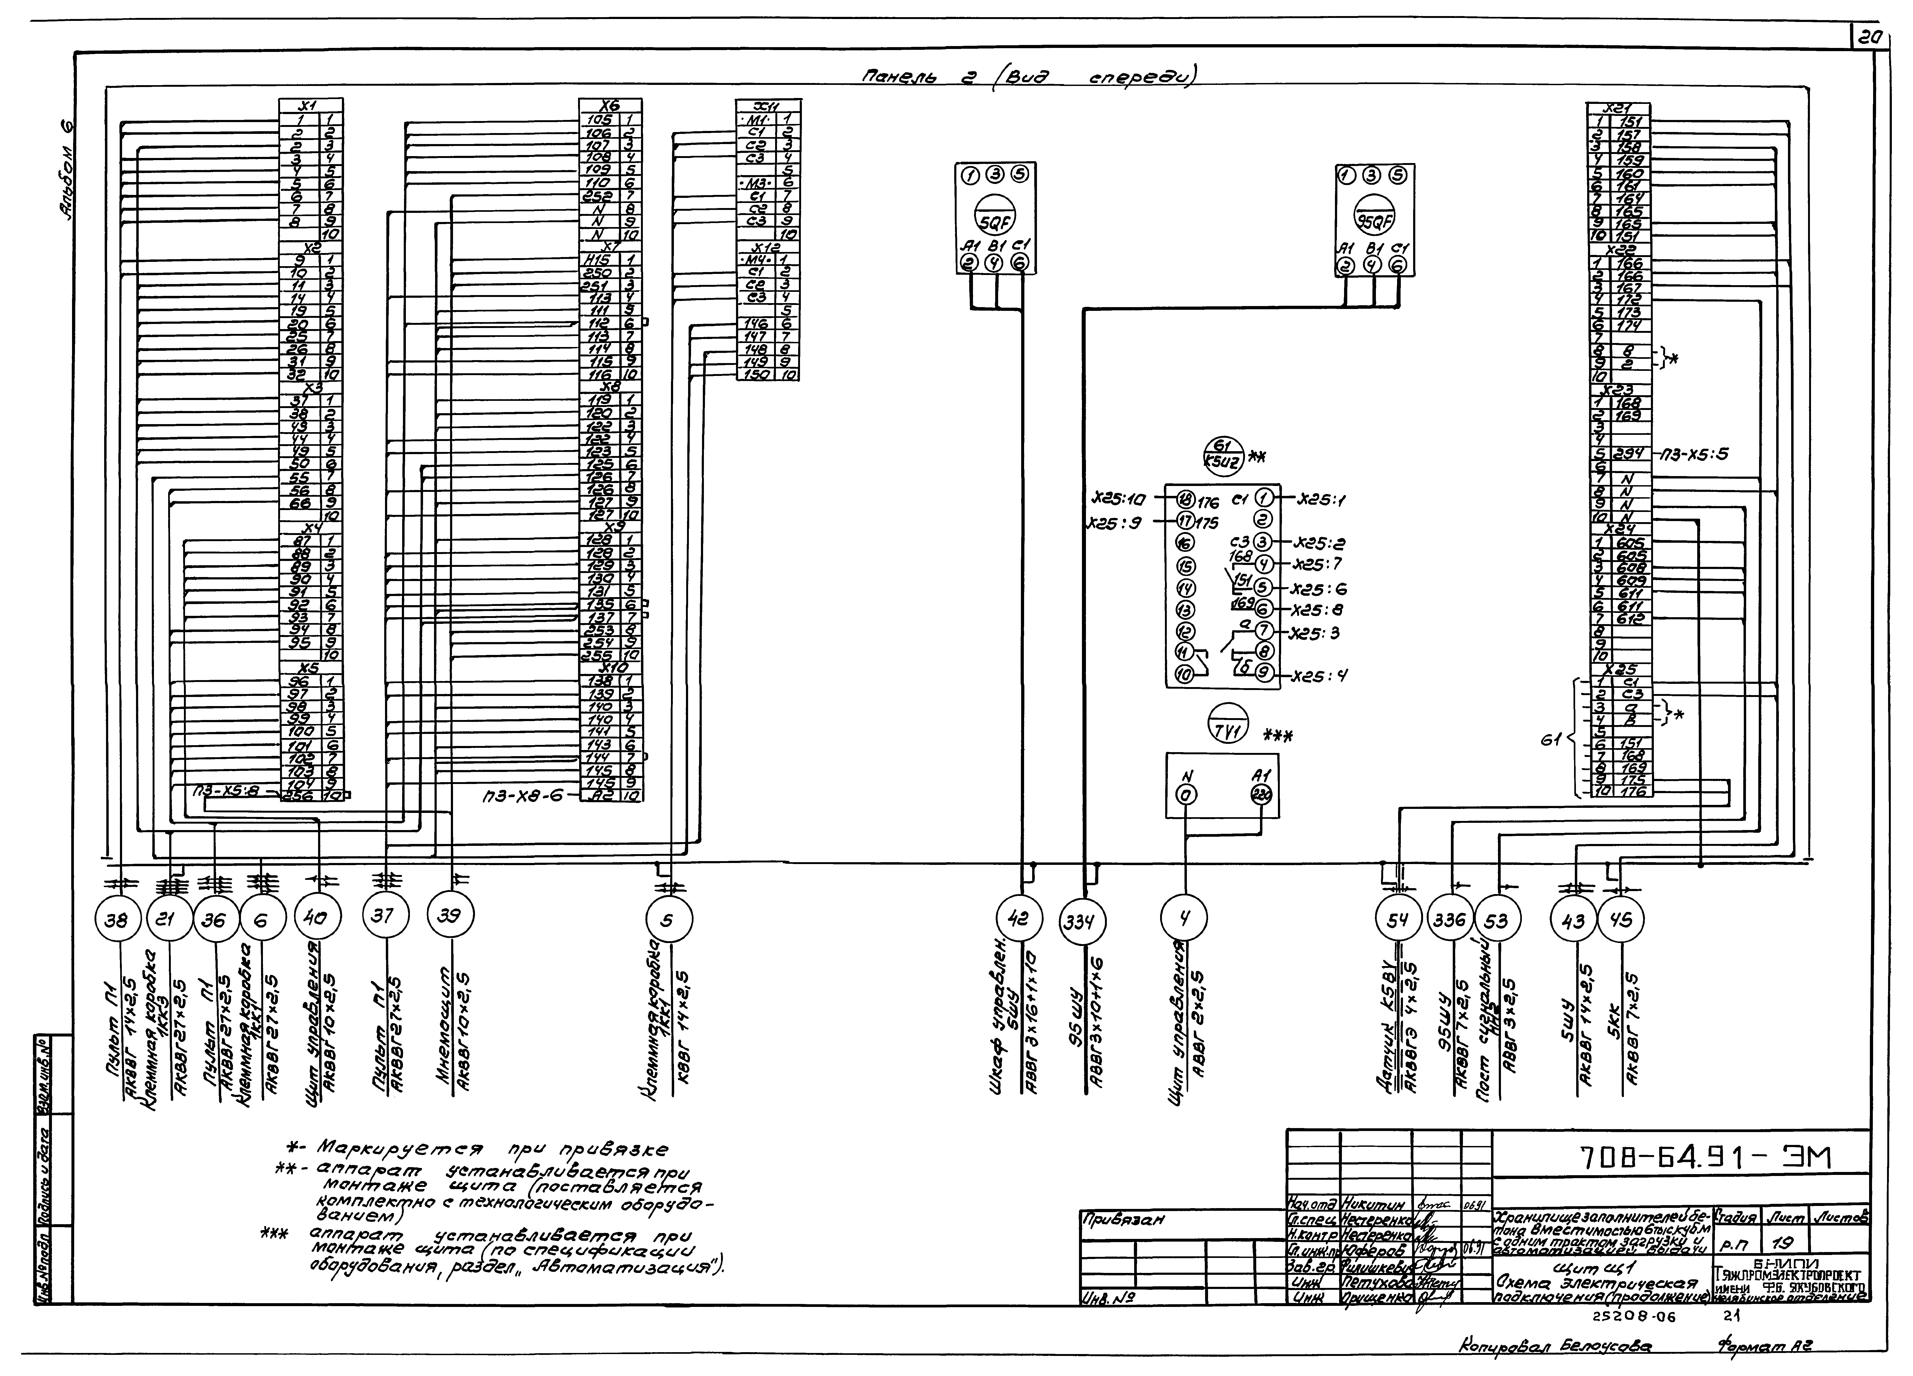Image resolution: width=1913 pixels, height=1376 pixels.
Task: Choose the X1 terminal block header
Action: tap(311, 105)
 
